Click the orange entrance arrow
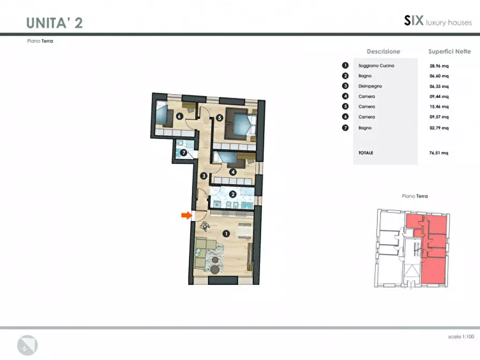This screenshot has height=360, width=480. click(187, 215)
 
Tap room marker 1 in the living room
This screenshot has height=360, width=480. click(226, 234)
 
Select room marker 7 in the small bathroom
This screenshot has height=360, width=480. click(183, 152)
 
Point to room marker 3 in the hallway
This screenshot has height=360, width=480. click(204, 176)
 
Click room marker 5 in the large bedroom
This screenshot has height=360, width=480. click(219, 118)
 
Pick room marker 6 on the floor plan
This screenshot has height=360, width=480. click(180, 116)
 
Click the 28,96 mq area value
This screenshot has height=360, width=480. click(439, 66)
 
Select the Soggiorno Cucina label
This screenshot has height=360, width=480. click(376, 66)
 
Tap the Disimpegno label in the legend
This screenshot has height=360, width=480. click(370, 86)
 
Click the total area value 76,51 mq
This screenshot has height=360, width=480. click(439, 153)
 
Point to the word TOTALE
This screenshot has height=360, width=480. click(366, 153)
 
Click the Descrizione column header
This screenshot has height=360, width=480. click(384, 52)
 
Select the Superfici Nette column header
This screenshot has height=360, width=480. click(449, 52)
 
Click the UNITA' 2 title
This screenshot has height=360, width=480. click(54, 23)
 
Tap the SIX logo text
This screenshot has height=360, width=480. click(414, 21)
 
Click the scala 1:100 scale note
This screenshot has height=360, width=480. click(461, 337)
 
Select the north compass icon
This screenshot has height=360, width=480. click(27, 345)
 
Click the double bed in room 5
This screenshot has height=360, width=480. click(241, 124)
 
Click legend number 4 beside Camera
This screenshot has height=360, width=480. click(345, 96)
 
